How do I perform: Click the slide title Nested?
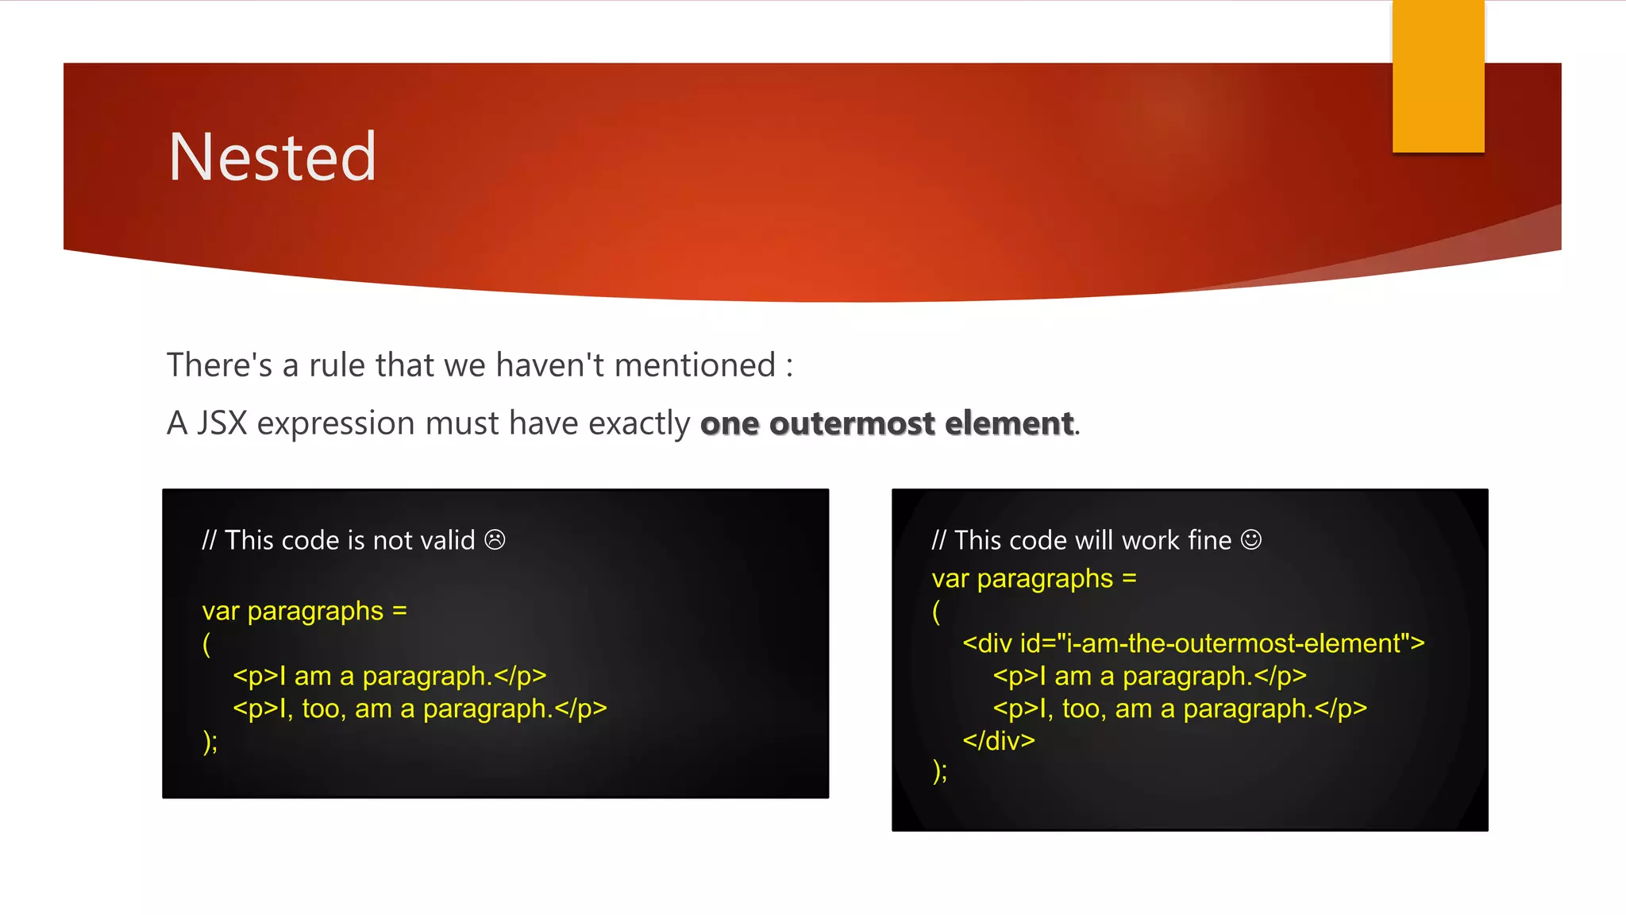pos(272,157)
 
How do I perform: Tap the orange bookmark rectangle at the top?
pos(1438,75)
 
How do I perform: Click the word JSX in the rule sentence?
pos(222,423)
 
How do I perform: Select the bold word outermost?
pos(852,423)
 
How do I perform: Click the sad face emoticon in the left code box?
pos(495,540)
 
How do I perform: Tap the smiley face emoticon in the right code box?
pos(1251,540)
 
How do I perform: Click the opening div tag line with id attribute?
pos(1193,643)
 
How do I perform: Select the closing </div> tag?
pos(999,740)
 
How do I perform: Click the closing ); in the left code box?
pos(210,742)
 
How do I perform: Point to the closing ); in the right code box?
pos(939,770)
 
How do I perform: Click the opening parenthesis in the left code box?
pos(206,643)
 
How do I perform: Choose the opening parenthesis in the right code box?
pos(936,612)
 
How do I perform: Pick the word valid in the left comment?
pos(448,540)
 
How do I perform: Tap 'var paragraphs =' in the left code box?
pos(304,612)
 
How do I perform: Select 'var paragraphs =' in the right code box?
pos(1034,579)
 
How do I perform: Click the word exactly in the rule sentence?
pos(639,423)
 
